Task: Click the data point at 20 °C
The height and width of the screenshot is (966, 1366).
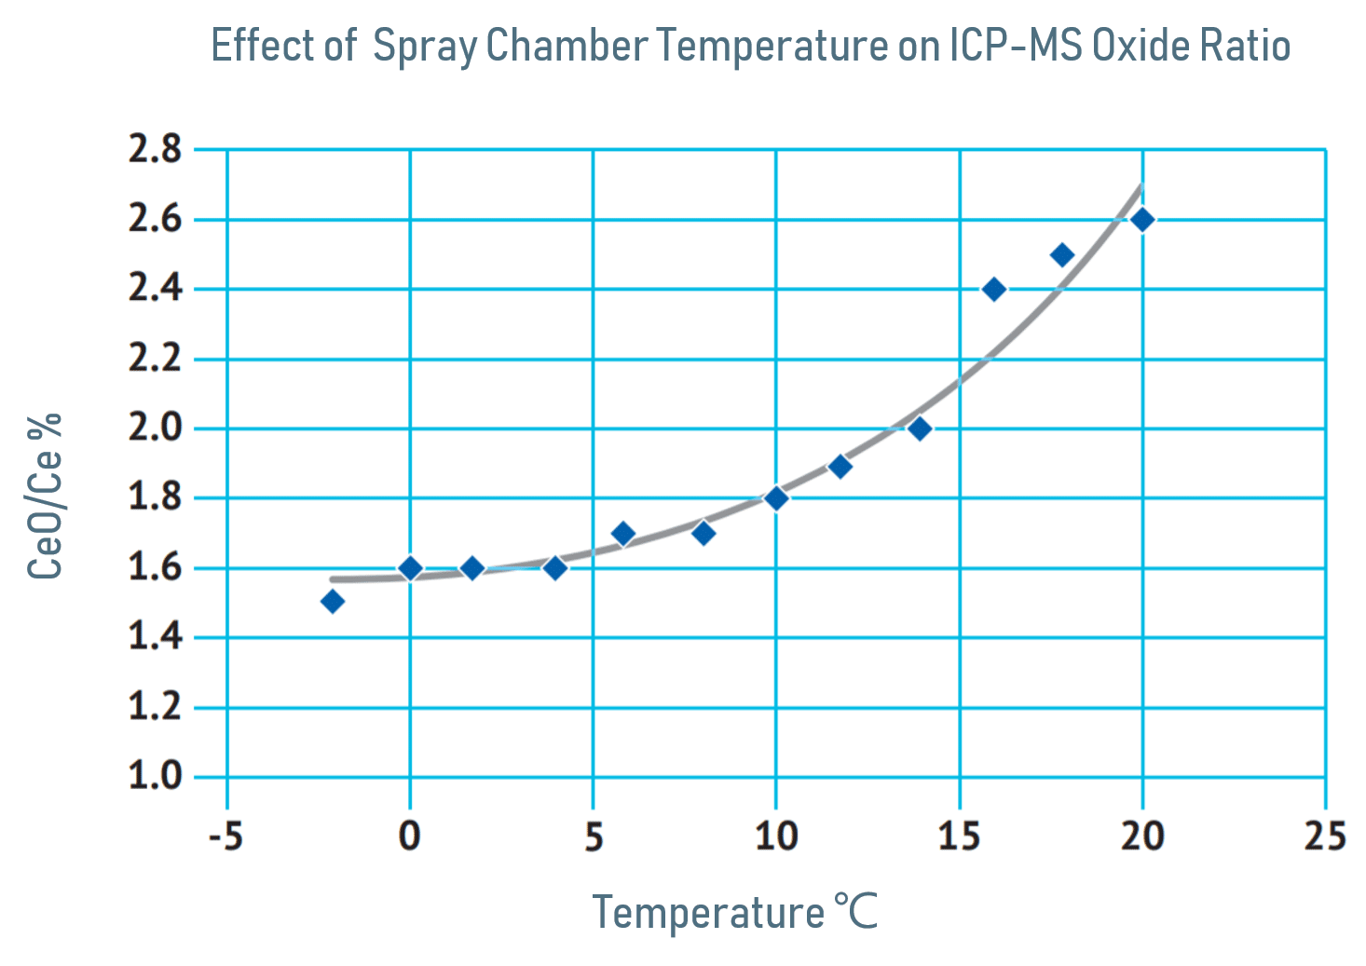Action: pos(1141,220)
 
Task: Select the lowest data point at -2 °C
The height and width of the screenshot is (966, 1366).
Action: pos(332,602)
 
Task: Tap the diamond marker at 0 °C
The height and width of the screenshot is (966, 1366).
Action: pos(410,568)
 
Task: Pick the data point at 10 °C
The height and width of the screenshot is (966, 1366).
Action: pos(776,498)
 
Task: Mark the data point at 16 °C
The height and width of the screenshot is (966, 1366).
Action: pos(994,290)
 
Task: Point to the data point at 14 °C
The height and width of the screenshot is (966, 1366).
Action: pos(920,429)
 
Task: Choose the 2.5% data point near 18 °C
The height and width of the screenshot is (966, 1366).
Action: pos(1061,255)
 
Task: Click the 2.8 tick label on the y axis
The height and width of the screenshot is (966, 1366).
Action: pos(155,149)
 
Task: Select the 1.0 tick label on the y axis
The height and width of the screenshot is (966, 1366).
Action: pos(155,776)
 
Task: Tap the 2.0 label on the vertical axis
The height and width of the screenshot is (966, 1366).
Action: pos(155,429)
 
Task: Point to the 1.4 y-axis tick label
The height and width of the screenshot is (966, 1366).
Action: pos(155,637)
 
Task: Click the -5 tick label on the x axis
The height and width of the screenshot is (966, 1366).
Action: pos(225,837)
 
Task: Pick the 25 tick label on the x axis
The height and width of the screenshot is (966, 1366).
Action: pos(1325,837)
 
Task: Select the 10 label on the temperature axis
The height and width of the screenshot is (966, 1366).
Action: pos(776,837)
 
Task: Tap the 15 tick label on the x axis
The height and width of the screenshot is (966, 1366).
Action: pos(959,837)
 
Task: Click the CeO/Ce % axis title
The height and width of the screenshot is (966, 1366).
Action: pos(45,496)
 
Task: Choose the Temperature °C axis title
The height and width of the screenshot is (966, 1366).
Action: pos(734,912)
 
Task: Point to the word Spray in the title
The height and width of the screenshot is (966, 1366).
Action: pos(425,47)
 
